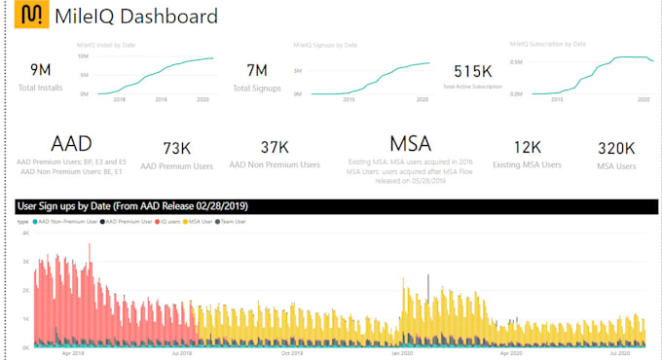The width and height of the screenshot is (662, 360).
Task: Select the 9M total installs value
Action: (x=41, y=69)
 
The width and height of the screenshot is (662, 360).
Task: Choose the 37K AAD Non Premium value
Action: (x=276, y=147)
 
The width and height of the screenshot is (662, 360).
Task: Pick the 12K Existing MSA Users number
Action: (x=528, y=147)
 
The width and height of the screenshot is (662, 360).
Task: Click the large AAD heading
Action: (x=71, y=144)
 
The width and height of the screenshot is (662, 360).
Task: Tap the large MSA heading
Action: (x=410, y=144)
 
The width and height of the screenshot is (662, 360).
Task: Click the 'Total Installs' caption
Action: (x=41, y=89)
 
